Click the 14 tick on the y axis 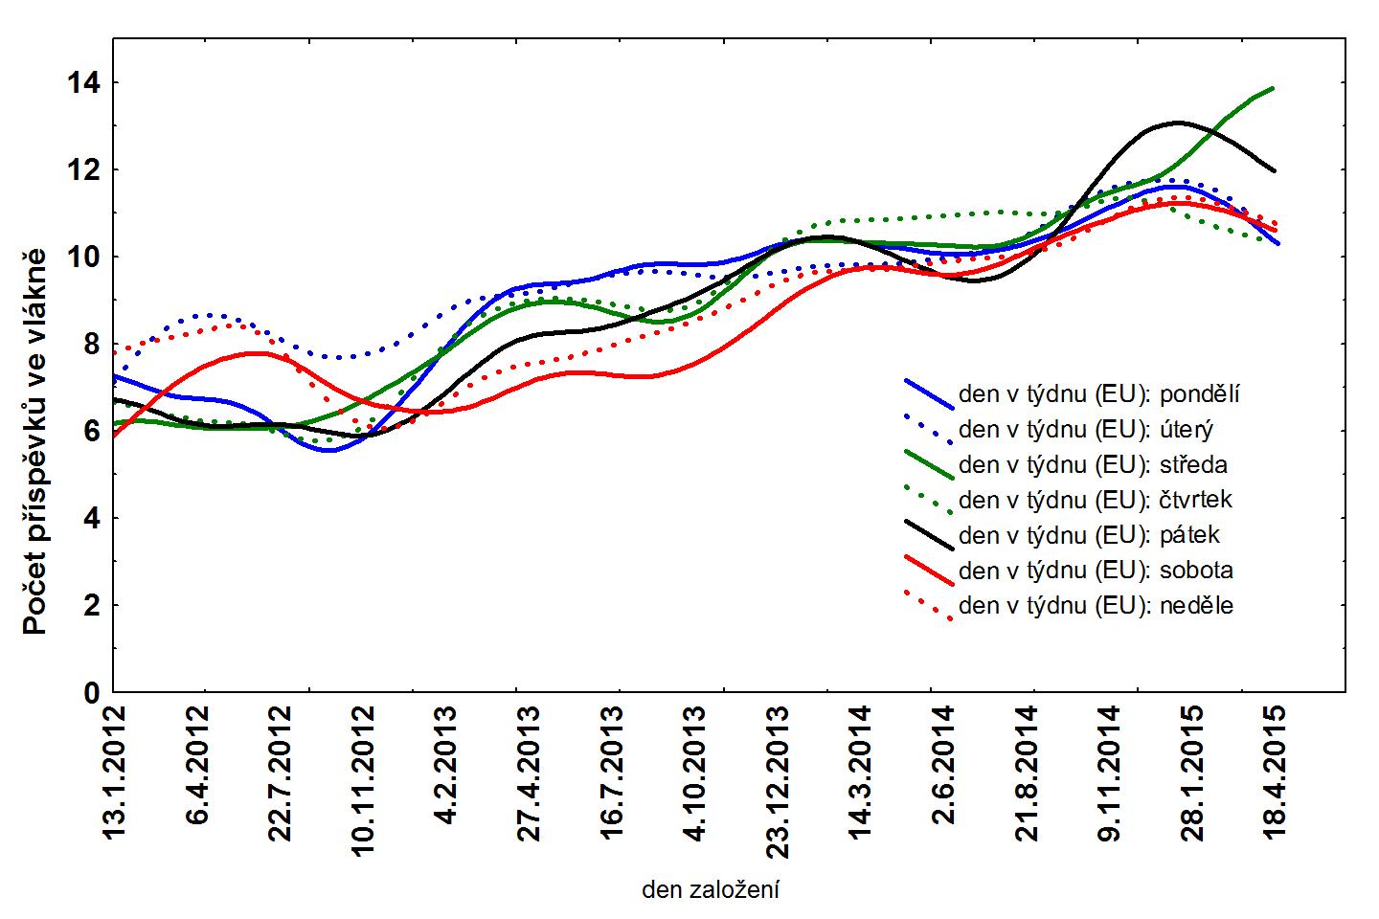[83, 83]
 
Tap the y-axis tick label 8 [91, 345]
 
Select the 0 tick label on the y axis [91, 693]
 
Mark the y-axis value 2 [91, 606]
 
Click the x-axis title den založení [710, 891]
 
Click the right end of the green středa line [1273, 88]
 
